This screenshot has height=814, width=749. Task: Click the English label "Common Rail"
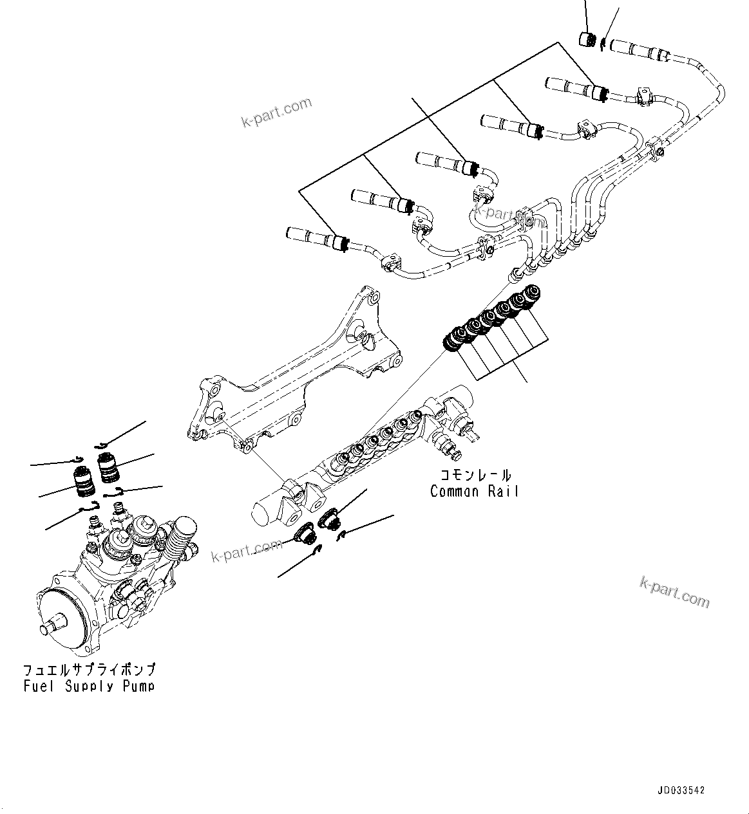(474, 492)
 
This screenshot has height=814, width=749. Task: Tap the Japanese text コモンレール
(475, 476)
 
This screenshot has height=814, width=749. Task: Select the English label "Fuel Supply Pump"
(89, 686)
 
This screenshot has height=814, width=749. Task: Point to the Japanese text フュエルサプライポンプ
(89, 670)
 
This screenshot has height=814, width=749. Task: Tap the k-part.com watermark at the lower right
(674, 591)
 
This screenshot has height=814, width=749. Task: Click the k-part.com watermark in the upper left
(275, 112)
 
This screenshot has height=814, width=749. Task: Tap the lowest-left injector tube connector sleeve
(316, 239)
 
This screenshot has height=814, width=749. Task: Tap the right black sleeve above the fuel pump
(108, 467)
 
